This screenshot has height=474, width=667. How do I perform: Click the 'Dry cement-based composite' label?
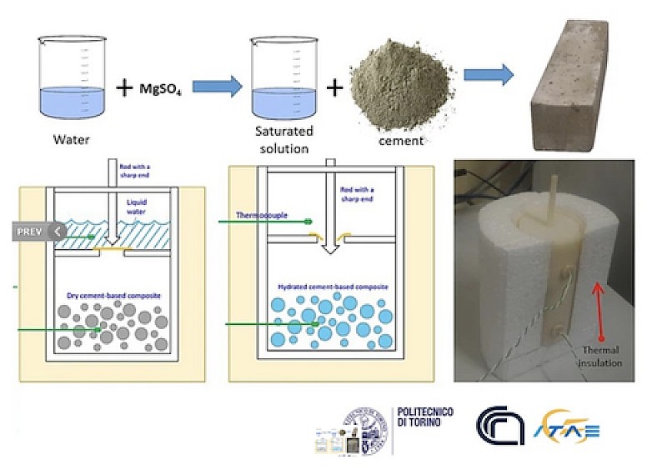coord(113,295)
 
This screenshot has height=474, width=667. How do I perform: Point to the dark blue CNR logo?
coord(501,422)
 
